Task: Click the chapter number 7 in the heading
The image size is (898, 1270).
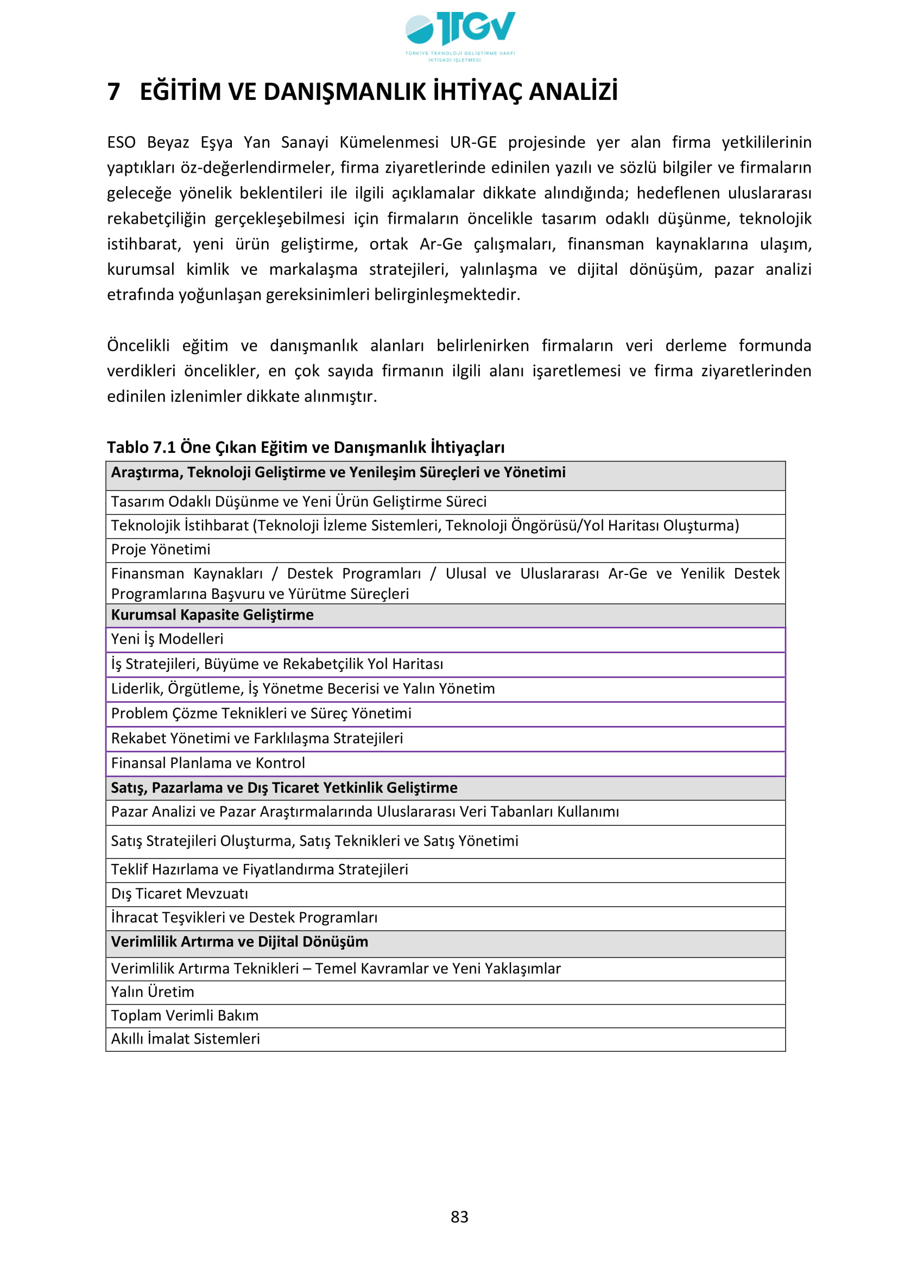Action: click(x=113, y=92)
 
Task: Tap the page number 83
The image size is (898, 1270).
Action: click(x=459, y=1216)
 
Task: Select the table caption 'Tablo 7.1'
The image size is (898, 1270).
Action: click(x=143, y=447)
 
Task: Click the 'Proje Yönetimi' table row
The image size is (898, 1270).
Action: click(x=161, y=549)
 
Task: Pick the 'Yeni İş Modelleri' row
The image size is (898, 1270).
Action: click(x=167, y=639)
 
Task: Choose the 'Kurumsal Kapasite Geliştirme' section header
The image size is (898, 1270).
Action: click(x=212, y=615)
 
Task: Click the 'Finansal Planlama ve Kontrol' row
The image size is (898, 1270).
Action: click(x=208, y=763)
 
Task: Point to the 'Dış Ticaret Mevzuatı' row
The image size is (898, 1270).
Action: click(x=179, y=893)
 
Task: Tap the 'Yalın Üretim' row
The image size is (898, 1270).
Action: click(x=153, y=992)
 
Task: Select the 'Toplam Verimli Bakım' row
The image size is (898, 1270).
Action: click(x=185, y=1015)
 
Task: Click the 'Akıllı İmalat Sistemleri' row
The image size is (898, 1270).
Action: click(x=185, y=1039)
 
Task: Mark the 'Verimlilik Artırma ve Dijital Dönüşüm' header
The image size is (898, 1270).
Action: click(x=239, y=942)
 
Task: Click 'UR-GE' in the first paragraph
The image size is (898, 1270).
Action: click(x=473, y=142)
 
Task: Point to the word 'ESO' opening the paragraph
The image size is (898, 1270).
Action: click(x=121, y=142)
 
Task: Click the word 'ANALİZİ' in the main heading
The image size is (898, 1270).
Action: click(x=573, y=92)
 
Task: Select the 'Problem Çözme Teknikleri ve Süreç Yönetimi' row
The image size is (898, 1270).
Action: click(x=261, y=713)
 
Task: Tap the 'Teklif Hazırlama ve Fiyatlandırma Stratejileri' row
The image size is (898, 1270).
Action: click(x=260, y=869)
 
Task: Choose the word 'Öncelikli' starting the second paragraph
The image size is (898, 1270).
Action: click(x=138, y=345)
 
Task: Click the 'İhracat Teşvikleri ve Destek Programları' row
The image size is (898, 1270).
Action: click(x=244, y=917)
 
